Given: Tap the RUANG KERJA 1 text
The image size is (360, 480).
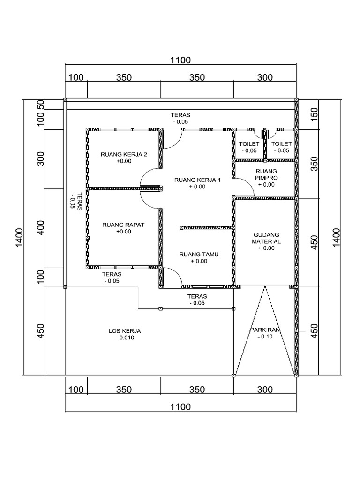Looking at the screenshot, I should coord(197,180).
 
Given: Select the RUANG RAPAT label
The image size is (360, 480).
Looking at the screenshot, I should coord(123,225).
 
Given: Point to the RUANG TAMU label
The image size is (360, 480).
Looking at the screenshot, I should coord(199,255).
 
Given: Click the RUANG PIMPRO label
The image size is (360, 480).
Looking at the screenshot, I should coord(266,174).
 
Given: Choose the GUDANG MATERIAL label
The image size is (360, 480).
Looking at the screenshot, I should coord(266,238).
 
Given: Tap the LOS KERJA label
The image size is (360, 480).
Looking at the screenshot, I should coord(125,331).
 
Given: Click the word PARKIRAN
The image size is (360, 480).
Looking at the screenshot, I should coord(265,330).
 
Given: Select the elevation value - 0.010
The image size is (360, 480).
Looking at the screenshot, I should coord(125,337).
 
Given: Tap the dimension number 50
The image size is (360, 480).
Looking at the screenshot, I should coord(41,104).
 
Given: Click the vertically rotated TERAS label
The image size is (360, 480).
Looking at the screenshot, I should coord(80,202).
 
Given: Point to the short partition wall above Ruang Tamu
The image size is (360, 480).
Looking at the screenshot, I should coord(207,228).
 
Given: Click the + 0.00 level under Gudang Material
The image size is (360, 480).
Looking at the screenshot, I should coord(266,248).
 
